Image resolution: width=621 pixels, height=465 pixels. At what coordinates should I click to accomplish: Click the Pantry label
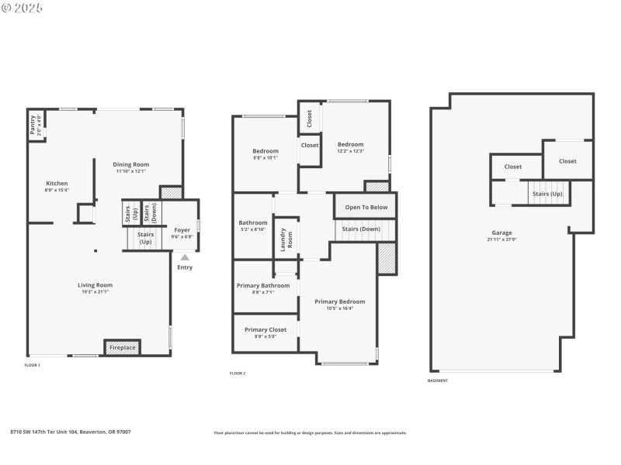pos(33,125)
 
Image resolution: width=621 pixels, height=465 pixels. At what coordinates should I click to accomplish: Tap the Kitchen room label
pos(57,184)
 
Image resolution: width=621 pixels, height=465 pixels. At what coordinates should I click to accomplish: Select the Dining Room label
pos(131,164)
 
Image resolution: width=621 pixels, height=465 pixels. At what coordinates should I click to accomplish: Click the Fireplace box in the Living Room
pos(122,348)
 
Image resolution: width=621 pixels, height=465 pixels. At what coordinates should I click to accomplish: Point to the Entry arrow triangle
pos(185,257)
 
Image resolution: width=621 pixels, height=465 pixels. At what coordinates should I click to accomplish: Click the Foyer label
pos(182,229)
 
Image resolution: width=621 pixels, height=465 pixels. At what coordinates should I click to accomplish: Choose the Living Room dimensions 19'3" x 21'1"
pos(95,292)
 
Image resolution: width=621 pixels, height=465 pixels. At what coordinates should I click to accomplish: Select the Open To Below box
pos(366,207)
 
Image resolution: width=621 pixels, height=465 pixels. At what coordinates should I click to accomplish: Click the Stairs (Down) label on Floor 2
pos(361,229)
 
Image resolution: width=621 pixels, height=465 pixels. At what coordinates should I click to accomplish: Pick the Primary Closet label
pos(265,329)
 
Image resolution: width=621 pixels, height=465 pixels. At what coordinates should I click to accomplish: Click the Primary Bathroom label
pos(263,285)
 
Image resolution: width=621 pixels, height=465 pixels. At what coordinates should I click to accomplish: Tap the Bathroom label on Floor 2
pos(252,222)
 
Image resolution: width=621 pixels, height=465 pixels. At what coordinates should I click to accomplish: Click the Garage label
pos(501,232)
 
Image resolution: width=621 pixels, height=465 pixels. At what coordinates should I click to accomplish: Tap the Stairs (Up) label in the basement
pos(547,194)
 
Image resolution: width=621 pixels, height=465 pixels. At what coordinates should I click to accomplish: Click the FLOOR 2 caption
pos(238,374)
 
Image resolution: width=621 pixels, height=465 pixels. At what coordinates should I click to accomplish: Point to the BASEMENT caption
pos(438,381)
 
